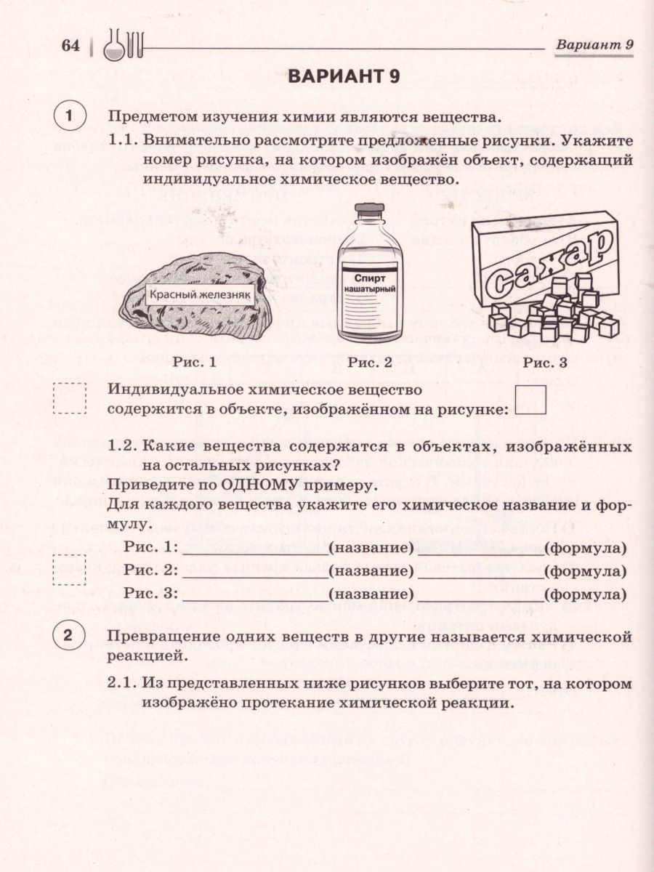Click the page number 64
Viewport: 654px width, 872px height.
click(x=70, y=47)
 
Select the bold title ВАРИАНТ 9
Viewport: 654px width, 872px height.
click(x=344, y=78)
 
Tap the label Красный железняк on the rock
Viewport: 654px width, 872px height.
click(x=200, y=294)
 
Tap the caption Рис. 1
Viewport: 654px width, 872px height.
click(x=195, y=362)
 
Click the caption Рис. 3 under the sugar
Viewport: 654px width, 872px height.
click(x=545, y=362)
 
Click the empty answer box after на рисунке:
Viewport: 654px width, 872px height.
click(x=530, y=400)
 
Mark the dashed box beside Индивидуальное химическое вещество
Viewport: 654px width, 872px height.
click(x=70, y=399)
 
